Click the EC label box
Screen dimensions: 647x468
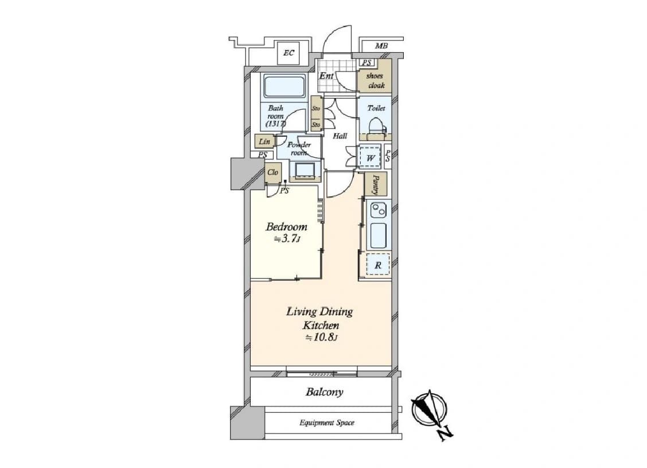coord(289,53)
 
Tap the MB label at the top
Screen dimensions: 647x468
coord(381,46)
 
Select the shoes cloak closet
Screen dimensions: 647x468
coord(374,76)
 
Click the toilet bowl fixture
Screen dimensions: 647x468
coord(376,126)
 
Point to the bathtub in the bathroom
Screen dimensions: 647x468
coord(284,86)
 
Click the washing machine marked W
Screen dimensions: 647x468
coord(371,157)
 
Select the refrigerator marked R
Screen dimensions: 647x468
coord(378,265)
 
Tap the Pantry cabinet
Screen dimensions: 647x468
coord(376,184)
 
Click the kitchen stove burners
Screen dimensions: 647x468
coord(378,210)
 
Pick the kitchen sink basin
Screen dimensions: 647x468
coord(379,236)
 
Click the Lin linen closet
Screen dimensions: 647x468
coord(264,142)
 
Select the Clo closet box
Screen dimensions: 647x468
coord(273,172)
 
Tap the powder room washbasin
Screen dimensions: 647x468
coord(305,171)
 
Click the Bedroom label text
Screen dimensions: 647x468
coord(286,227)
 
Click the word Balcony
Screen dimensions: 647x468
coord(324,392)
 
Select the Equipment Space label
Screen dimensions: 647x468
coord(327,423)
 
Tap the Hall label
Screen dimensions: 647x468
coord(340,136)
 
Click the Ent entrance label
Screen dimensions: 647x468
coord(326,76)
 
